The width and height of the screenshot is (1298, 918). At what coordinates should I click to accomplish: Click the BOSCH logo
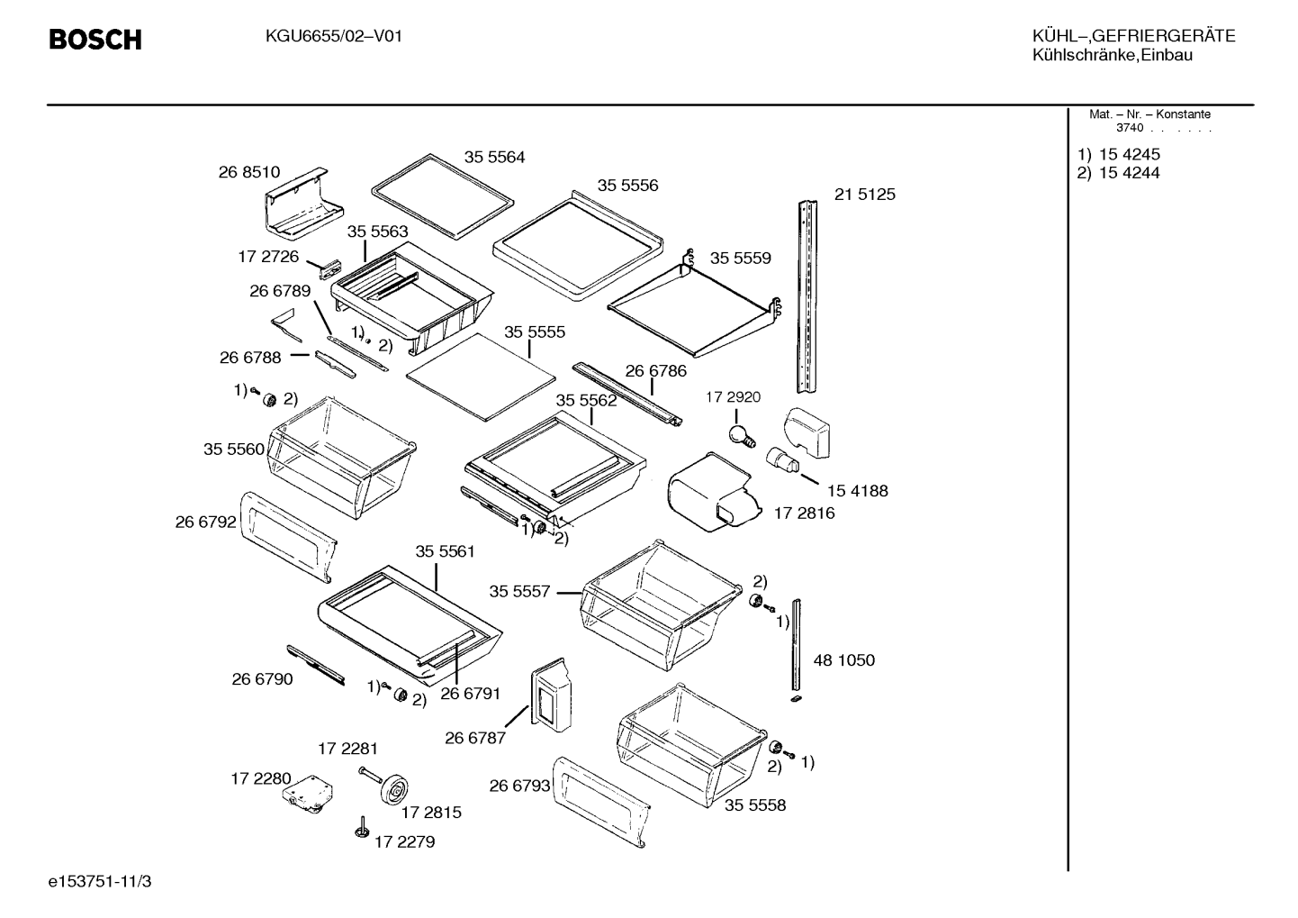(95, 40)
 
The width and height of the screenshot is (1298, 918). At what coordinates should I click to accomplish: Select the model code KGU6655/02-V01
(334, 37)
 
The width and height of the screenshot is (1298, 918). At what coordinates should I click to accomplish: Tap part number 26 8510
(249, 172)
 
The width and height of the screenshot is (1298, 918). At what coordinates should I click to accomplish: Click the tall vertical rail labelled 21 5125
(807, 296)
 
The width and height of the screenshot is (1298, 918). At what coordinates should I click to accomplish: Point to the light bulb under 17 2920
(741, 436)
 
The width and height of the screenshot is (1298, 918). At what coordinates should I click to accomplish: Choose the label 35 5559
(741, 258)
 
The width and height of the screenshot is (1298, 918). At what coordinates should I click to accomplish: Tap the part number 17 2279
(404, 841)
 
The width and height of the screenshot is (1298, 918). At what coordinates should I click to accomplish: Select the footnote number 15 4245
(1130, 154)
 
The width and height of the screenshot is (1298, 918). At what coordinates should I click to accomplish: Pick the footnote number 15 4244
(1130, 173)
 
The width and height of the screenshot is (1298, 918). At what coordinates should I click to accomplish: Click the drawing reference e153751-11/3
(100, 881)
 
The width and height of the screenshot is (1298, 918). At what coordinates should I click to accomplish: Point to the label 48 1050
(844, 660)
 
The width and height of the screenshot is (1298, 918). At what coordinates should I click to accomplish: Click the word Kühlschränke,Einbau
(1113, 56)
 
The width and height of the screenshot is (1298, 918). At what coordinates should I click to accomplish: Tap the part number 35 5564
(494, 157)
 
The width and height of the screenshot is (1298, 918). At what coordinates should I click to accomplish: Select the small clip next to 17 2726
(329, 269)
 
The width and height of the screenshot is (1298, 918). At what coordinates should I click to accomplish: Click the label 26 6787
(475, 738)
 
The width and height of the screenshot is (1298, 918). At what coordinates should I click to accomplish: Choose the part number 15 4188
(858, 491)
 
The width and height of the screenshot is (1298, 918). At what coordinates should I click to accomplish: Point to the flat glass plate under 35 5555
(481, 377)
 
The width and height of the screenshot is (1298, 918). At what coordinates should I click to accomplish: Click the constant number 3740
(1130, 128)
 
